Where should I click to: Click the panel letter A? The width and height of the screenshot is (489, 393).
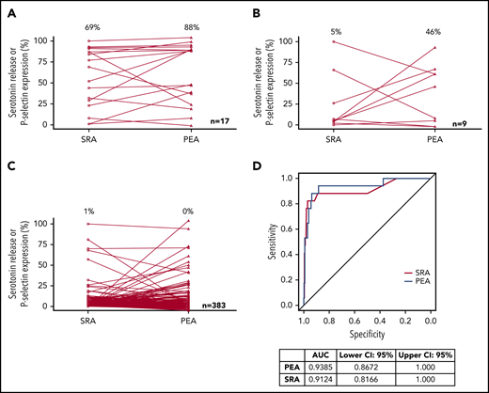pos(9,11)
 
